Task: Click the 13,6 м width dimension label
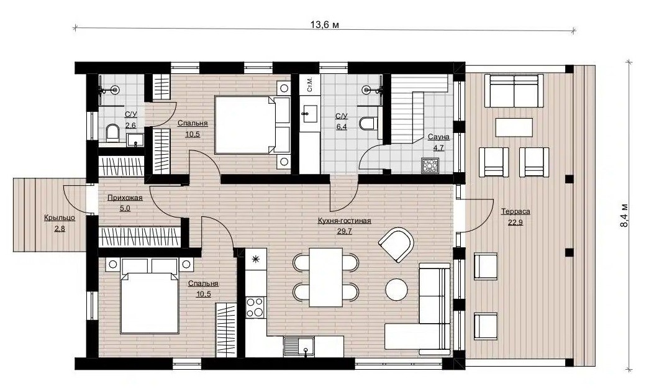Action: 324,24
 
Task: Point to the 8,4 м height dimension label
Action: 624,215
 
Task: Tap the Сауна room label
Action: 438,137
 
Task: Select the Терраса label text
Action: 515,211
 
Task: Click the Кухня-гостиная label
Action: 344,221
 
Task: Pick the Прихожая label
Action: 125,198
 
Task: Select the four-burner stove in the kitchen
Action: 255,307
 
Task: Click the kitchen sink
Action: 299,346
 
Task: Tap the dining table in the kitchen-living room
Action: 325,277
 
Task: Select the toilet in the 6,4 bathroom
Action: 369,123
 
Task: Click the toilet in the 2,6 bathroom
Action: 112,132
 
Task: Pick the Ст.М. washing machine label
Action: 309,85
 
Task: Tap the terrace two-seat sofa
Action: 514,91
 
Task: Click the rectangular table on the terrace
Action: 514,127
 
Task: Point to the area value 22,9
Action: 515,222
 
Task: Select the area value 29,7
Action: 345,232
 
